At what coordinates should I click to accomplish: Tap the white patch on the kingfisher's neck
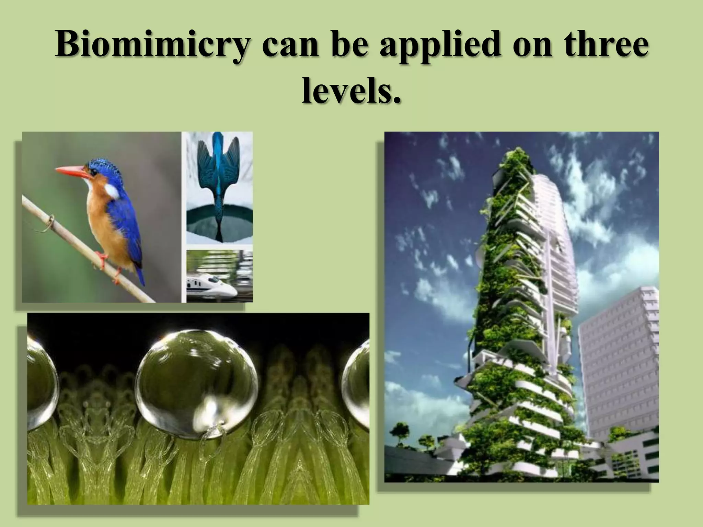[x=112, y=191]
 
